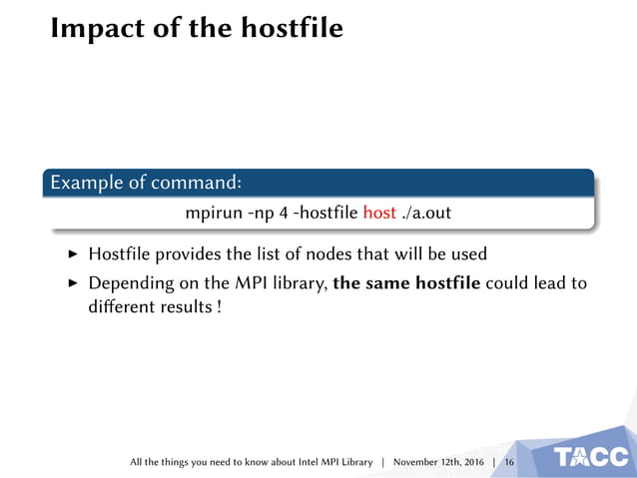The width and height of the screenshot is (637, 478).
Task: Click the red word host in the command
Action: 379,213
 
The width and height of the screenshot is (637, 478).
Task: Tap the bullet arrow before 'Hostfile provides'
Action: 71,254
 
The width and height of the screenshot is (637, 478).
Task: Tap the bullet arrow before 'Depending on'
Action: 71,282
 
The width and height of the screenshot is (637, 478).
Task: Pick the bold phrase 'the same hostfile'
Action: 406,282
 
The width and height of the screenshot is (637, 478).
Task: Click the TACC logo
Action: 592,457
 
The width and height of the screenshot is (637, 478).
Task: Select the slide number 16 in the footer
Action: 509,462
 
